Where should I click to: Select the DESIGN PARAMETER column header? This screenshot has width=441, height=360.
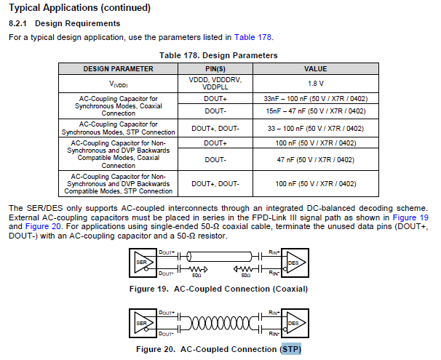[x=118, y=68]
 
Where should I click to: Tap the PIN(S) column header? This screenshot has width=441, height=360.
[x=215, y=68]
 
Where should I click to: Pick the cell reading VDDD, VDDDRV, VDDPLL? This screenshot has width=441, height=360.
[x=215, y=84]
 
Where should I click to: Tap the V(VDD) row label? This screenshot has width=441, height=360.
[x=118, y=84]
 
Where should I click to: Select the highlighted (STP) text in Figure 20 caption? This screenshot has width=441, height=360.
[x=290, y=350]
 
